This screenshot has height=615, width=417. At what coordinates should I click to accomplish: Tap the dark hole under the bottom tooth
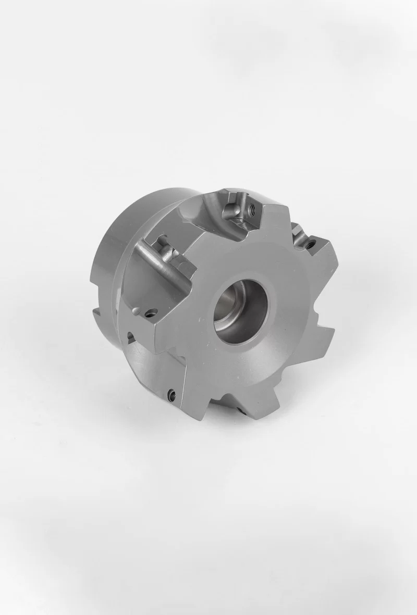tap(241, 411)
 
